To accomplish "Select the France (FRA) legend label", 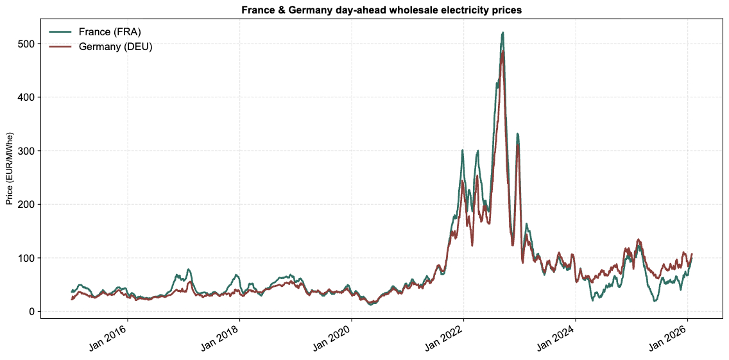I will pos(110,32).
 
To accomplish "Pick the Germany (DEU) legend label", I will pos(116,47).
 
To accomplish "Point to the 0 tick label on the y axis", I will pos(30,311).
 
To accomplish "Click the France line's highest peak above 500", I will pos(502,33).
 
